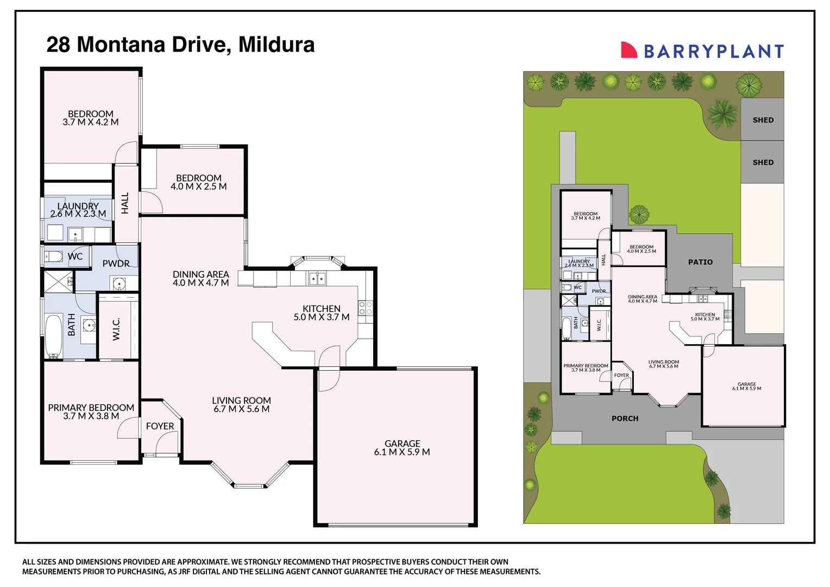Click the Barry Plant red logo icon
[629, 50]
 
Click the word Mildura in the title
[276, 45]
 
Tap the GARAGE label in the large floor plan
[402, 444]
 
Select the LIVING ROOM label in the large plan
[241, 401]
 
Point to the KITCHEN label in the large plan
[322, 309]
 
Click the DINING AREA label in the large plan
[201, 274]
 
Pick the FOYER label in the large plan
[160, 426]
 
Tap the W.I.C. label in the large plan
[116, 329]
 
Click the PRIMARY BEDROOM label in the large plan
[91, 408]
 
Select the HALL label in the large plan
[125, 203]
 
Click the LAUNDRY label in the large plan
[78, 206]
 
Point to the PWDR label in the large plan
[116, 264]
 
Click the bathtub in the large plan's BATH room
[53, 335]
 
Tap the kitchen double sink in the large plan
[317, 279]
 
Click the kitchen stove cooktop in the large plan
[366, 308]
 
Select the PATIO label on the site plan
[700, 262]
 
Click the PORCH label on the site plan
[625, 419]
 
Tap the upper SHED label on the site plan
[763, 120]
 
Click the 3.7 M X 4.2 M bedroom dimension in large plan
[91, 122]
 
